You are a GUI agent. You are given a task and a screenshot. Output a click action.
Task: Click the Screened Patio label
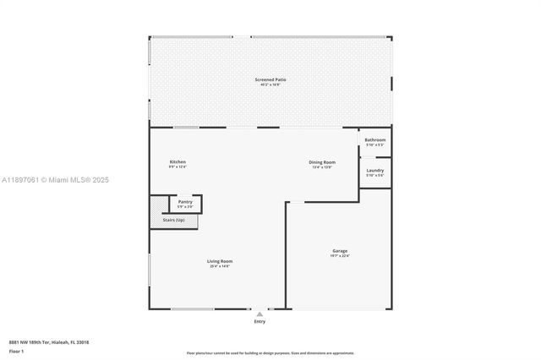[x=270, y=79]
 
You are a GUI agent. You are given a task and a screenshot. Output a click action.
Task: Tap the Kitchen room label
[x=178, y=161]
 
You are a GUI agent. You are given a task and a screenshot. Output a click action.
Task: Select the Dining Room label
[x=322, y=161]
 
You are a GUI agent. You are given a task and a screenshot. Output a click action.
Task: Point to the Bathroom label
[x=375, y=139]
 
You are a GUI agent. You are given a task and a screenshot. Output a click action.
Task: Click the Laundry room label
[x=375, y=170]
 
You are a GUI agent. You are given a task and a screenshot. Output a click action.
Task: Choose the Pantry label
[x=185, y=201]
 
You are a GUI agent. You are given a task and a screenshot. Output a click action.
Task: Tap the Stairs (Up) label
[x=173, y=220]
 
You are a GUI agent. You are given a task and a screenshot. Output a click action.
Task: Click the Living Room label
[x=220, y=261]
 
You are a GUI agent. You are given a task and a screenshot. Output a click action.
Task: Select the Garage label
[x=340, y=250]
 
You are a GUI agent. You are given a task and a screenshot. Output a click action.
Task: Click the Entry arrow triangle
[x=260, y=314]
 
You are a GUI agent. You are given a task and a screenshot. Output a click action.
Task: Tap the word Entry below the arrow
[x=260, y=322]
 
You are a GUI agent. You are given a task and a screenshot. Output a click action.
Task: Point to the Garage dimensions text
[x=340, y=255]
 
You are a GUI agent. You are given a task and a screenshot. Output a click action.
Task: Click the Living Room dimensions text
[x=220, y=266]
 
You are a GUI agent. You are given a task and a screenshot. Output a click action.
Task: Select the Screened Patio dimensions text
[x=270, y=85]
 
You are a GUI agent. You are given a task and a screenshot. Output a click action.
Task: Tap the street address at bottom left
[x=49, y=342]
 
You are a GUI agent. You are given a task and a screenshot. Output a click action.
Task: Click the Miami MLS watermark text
[x=55, y=180]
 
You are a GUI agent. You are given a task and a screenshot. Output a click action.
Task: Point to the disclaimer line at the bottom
[x=270, y=352]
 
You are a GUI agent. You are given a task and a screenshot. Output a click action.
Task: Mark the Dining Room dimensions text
[x=322, y=166]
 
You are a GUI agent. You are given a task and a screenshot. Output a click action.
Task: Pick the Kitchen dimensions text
[x=178, y=166]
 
